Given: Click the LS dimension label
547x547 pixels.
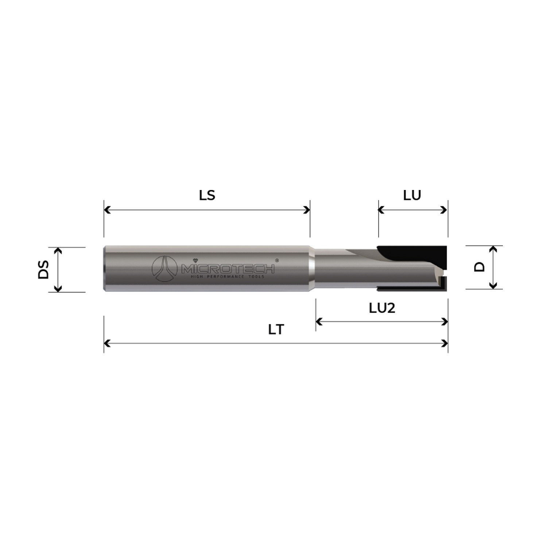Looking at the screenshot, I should pyautogui.click(x=207, y=195).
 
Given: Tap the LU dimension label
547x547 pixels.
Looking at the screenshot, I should pyautogui.click(x=412, y=195).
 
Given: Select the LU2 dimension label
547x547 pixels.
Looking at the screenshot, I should pyautogui.click(x=382, y=309).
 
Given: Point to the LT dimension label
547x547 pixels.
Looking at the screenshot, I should pyautogui.click(x=276, y=330).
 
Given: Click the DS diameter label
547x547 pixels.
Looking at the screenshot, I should pyautogui.click(x=43, y=269).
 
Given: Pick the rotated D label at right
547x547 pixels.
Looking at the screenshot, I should pyautogui.click(x=480, y=267).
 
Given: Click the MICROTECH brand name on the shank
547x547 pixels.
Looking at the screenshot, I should pyautogui.click(x=228, y=269).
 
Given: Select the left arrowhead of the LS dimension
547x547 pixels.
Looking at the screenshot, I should pyautogui.click(x=107, y=210).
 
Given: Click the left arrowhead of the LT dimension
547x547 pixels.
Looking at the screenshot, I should pyautogui.click(x=107, y=344).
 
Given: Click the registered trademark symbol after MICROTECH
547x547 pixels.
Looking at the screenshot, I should pyautogui.click(x=277, y=260).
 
